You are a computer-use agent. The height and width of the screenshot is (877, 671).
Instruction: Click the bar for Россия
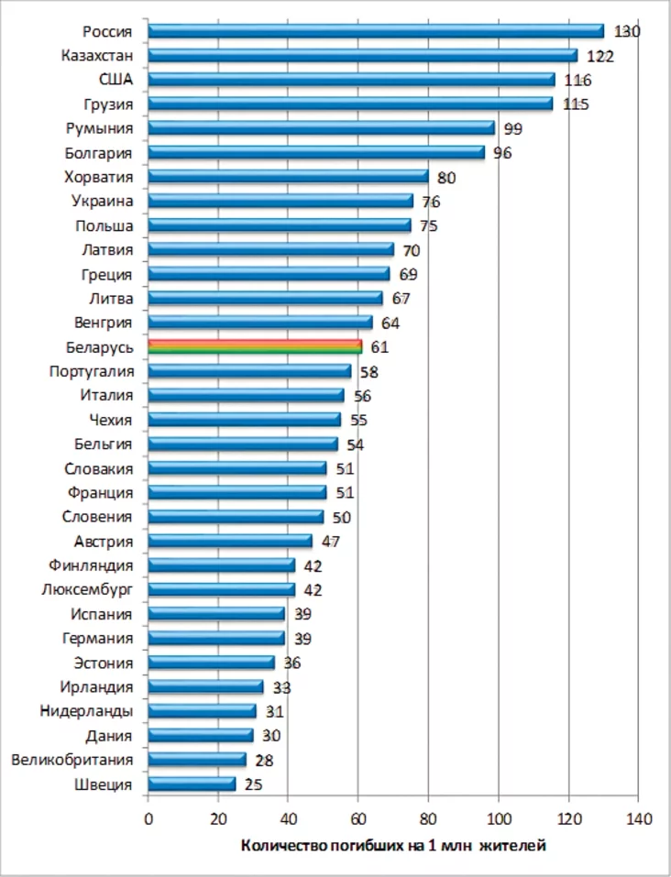point(376,31)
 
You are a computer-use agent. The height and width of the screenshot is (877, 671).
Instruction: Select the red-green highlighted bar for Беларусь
point(255,346)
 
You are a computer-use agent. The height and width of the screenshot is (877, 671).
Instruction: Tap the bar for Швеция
point(192,784)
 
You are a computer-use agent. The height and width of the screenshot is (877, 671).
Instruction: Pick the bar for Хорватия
point(288,177)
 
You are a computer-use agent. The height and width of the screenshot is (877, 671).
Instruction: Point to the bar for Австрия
point(230,541)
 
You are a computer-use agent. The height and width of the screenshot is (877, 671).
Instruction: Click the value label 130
point(627,31)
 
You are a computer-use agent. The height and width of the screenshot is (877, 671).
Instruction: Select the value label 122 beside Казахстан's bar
point(600,56)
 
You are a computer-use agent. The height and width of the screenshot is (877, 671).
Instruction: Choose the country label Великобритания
point(71,760)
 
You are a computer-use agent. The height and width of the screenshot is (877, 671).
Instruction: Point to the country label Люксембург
point(87,589)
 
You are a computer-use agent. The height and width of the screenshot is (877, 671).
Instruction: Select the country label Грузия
point(109,104)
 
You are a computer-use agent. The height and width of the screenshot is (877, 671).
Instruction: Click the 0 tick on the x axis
point(148,818)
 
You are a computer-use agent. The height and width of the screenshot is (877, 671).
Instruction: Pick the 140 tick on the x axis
point(638,818)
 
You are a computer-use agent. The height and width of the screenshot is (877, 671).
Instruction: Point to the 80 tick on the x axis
point(428,818)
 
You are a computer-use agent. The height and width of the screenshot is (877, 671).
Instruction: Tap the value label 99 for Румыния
point(513,128)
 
